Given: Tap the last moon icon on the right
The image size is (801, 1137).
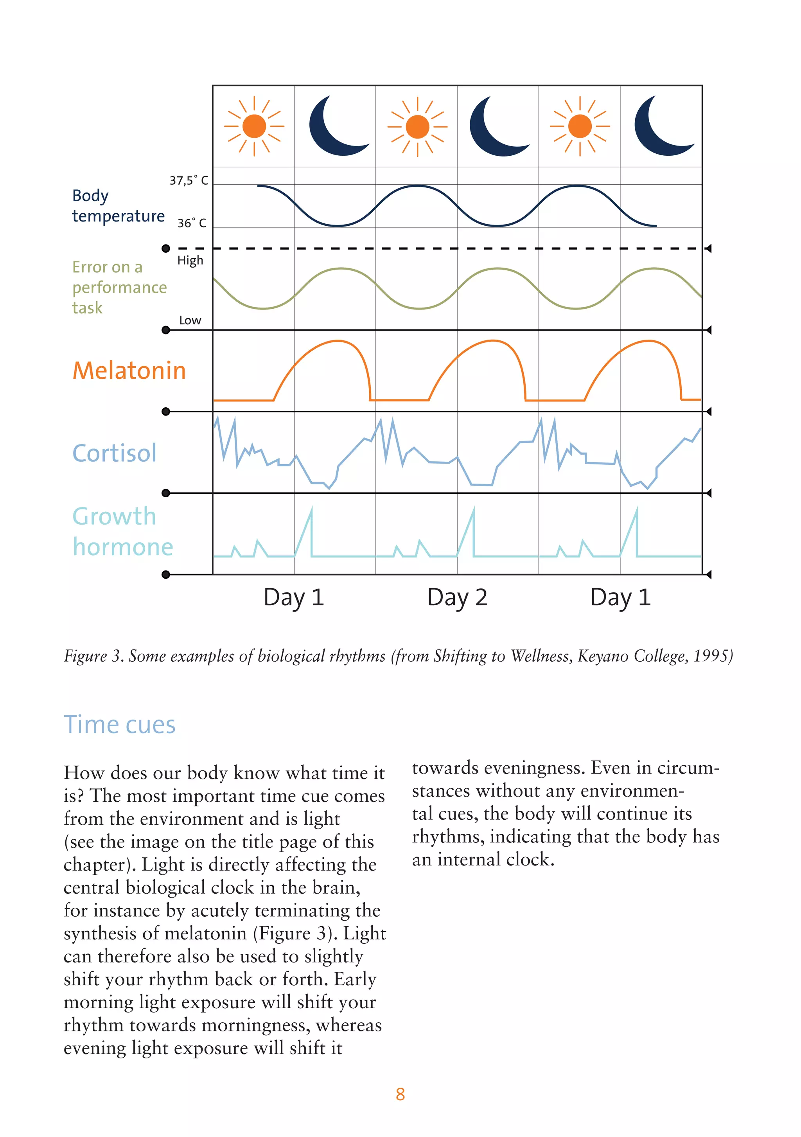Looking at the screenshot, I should click(x=661, y=127).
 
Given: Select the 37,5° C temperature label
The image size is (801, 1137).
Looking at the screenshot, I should click(x=189, y=180).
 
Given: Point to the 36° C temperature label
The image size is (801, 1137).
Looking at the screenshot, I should click(x=192, y=223).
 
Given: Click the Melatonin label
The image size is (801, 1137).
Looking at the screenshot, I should click(x=129, y=371).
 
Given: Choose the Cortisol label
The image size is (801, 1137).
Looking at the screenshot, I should click(x=114, y=453).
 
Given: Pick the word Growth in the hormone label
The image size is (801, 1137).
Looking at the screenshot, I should click(x=114, y=516).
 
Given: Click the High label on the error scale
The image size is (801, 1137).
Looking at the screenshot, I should click(x=190, y=261).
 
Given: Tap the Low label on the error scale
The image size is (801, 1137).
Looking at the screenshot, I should click(x=190, y=320).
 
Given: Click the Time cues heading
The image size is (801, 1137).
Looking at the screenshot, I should click(x=120, y=725).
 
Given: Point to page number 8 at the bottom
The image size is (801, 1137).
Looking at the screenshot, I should click(x=400, y=1094).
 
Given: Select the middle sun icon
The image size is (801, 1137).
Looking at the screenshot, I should click(x=417, y=127).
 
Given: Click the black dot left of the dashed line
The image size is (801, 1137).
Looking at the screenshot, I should click(x=166, y=248).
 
